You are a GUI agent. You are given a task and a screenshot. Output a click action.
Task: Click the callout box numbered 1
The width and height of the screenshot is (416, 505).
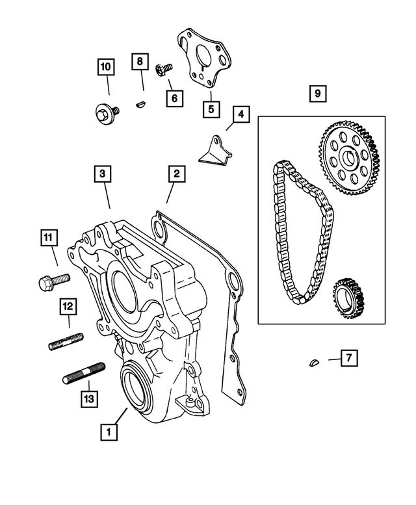coord(110,431)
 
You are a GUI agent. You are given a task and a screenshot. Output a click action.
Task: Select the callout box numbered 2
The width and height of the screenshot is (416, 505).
coord(175,174)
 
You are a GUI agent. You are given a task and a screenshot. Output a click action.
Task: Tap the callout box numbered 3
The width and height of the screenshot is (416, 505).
coord(102,174)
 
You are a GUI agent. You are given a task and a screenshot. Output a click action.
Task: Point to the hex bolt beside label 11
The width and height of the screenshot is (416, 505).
coord(50,282)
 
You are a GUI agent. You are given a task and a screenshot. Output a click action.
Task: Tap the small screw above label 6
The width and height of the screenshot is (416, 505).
coord(163,69)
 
